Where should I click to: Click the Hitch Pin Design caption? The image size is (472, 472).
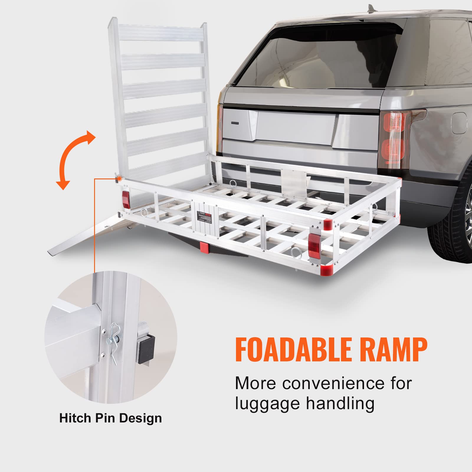[x=111, y=418]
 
